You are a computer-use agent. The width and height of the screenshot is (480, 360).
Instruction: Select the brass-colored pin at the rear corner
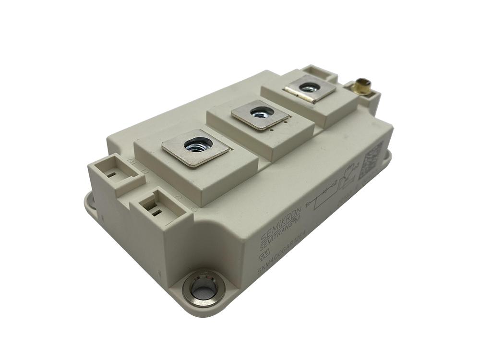coord(362,87)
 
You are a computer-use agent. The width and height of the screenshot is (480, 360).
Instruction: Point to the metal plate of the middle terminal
coord(260,115)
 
